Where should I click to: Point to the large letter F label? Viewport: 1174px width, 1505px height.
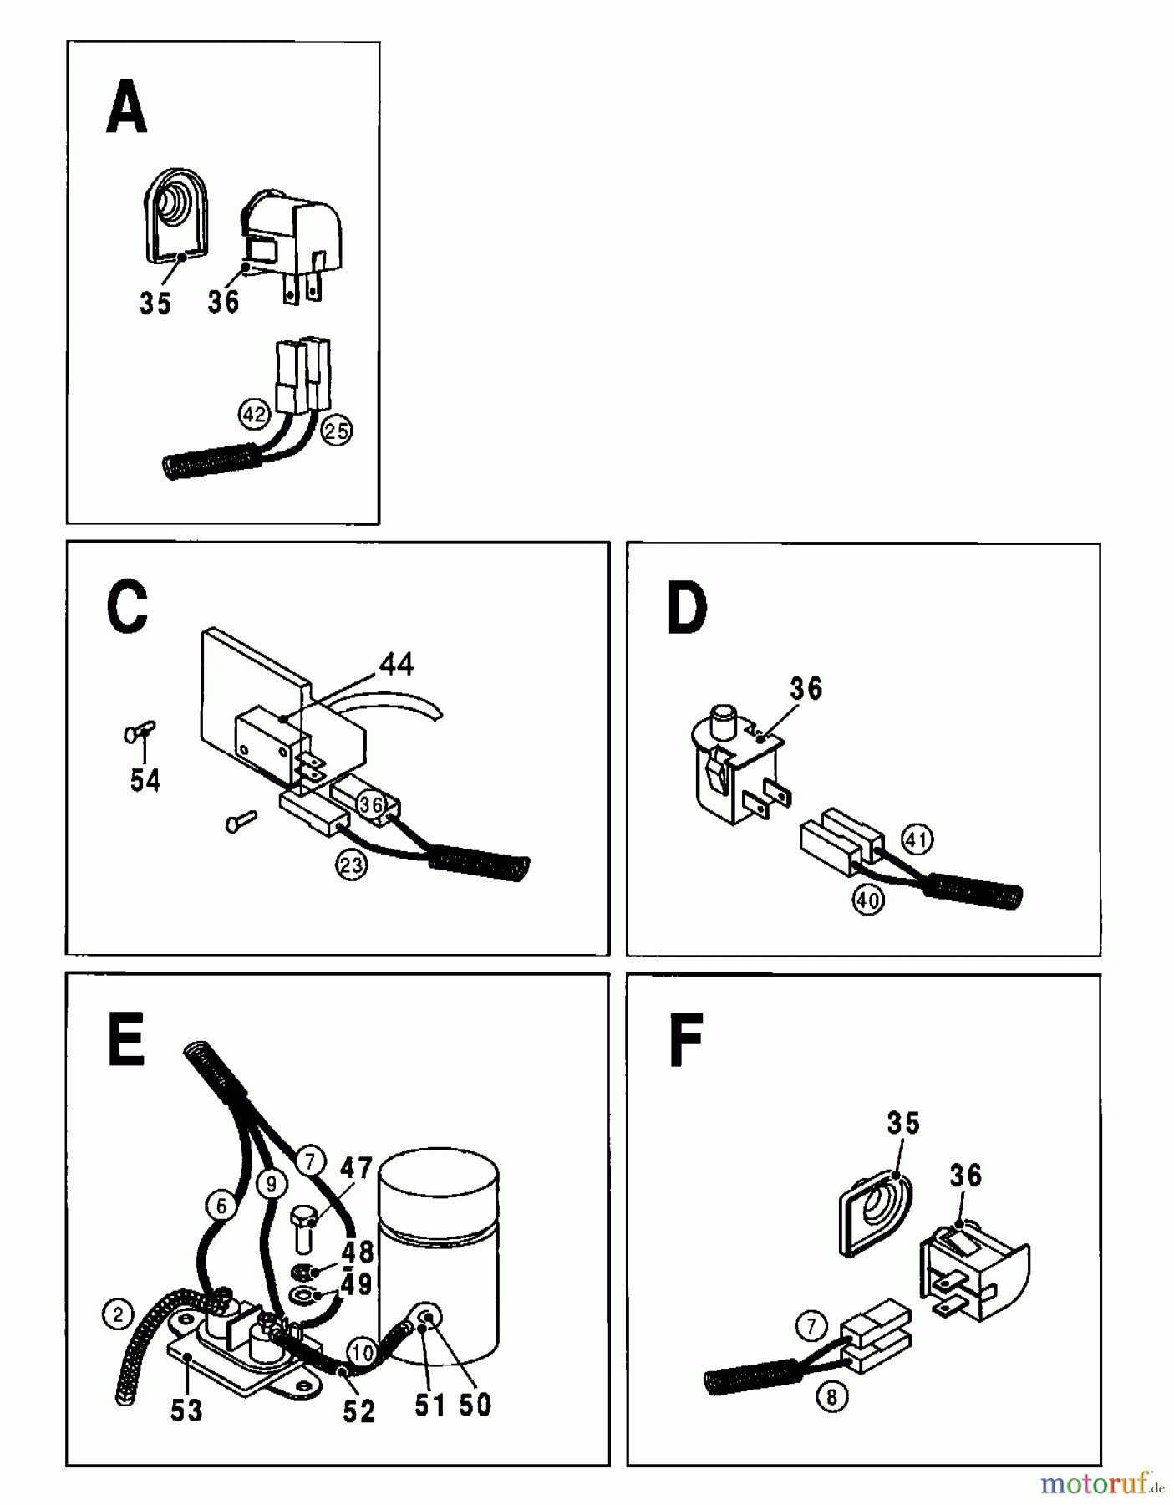[x=686, y=1040]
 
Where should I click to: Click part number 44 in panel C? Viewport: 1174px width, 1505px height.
[x=396, y=664]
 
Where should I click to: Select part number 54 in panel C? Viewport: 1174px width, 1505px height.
[x=145, y=781]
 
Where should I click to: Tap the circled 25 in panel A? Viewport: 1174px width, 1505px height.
[x=337, y=431]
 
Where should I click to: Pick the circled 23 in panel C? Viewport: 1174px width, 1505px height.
[x=351, y=865]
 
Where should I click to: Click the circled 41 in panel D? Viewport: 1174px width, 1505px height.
[x=917, y=839]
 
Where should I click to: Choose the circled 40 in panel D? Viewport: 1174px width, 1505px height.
[x=867, y=900]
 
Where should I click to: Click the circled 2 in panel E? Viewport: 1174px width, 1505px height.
[x=118, y=1314]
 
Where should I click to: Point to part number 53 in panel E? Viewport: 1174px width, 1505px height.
[x=186, y=1411]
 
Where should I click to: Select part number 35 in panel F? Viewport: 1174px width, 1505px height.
[x=902, y=1123]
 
